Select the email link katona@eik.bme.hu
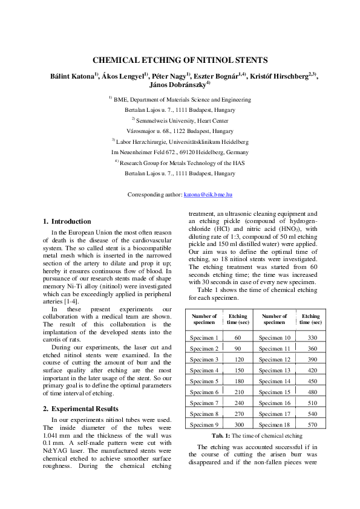coord(208,195)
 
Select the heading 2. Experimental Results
coord(82,392)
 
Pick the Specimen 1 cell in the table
coord(204,337)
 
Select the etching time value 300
coord(238,424)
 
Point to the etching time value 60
coord(238,337)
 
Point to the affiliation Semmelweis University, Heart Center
coord(182,120)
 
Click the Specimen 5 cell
coord(204,381)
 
